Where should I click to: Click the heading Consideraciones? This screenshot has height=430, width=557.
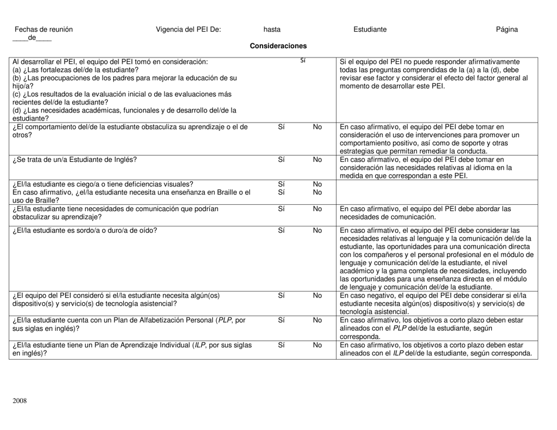[278, 46]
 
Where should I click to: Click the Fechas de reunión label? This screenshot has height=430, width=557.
[44, 29]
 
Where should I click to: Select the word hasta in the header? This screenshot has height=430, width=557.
[272, 29]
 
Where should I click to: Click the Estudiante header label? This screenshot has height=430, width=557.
[370, 29]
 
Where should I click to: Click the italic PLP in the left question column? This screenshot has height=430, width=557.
[226, 320]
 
